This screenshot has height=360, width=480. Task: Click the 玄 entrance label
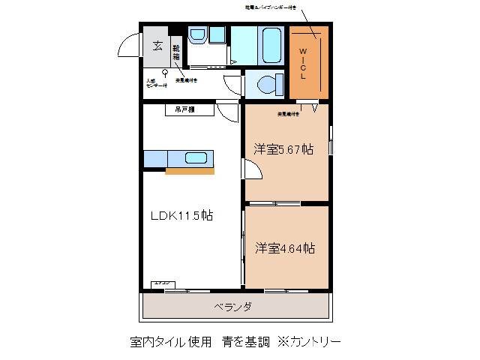[157, 45]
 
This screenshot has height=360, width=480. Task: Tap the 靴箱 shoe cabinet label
[176, 52]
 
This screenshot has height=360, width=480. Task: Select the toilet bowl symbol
[265, 83]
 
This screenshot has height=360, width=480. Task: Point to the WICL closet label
[304, 62]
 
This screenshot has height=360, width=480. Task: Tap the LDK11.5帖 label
[182, 215]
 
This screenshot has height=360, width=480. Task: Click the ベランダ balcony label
[232, 307]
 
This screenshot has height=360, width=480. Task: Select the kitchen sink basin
[196, 158]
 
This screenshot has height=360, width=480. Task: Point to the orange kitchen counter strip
[190, 172]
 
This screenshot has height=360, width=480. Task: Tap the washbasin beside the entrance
[199, 34]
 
